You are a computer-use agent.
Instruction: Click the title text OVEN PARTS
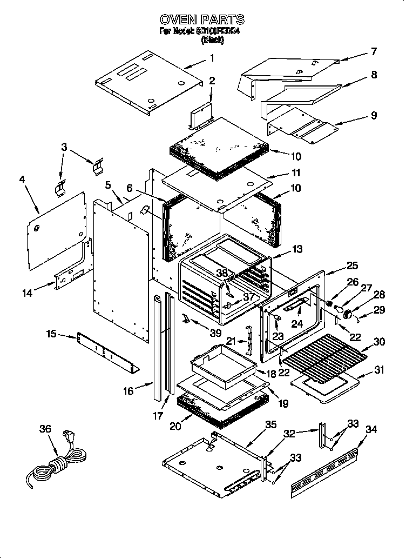click(202, 20)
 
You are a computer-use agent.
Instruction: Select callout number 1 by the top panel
click(212, 57)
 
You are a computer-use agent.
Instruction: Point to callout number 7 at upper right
click(373, 52)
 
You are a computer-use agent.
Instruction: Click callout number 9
click(374, 115)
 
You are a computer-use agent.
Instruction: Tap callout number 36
click(45, 429)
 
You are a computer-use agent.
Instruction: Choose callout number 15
click(51, 335)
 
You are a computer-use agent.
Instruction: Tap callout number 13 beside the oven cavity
click(296, 249)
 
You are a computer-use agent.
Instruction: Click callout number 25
click(352, 265)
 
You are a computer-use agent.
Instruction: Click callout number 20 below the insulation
click(175, 426)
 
